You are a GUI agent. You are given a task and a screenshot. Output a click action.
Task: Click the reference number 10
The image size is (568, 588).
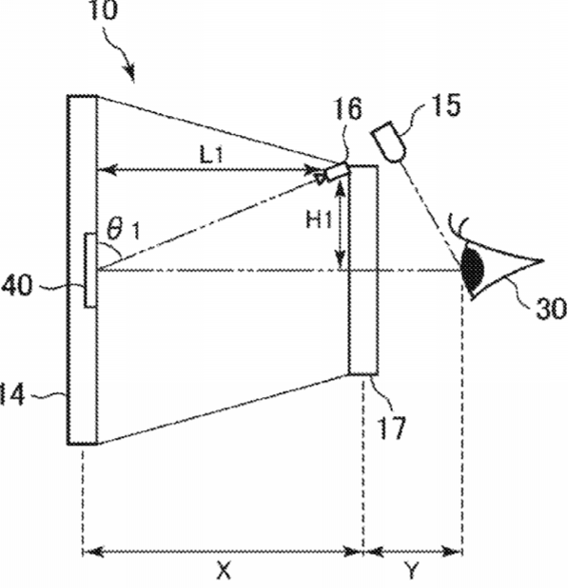point(102,9)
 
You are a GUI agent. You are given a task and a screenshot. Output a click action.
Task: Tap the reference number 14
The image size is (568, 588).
point(12,394)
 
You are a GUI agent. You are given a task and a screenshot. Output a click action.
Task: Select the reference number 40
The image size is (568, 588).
point(16,285)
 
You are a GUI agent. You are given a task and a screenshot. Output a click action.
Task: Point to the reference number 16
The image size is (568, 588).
point(348,108)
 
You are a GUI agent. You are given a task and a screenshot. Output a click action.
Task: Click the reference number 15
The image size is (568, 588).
point(446,105)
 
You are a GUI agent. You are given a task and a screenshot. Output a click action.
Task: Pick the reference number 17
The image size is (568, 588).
point(392,427)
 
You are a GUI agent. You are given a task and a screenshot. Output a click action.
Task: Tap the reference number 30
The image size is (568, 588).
point(551,309)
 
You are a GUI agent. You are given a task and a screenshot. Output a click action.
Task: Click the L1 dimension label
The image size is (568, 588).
point(211,155)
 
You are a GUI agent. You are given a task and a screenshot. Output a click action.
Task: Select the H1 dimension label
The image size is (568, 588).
point(319,219)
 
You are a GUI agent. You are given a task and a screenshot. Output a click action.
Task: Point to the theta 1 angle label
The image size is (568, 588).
point(123,230)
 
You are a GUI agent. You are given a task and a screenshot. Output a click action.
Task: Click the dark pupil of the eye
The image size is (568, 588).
point(473,268)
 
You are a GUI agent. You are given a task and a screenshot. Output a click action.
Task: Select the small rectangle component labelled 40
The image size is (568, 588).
point(89,271)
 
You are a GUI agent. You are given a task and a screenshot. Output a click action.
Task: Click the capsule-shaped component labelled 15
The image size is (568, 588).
point(389,142)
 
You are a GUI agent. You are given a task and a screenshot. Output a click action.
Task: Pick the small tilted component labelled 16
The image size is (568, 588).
point(337,172)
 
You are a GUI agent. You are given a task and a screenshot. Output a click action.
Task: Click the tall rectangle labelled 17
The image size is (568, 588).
point(363,270)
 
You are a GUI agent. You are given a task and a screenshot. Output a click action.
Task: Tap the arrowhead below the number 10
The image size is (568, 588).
point(130,73)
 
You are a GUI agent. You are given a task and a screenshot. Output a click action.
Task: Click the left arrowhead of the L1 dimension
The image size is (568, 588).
point(106,170)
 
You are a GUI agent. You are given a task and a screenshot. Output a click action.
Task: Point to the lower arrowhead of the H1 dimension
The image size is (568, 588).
point(341,259)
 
